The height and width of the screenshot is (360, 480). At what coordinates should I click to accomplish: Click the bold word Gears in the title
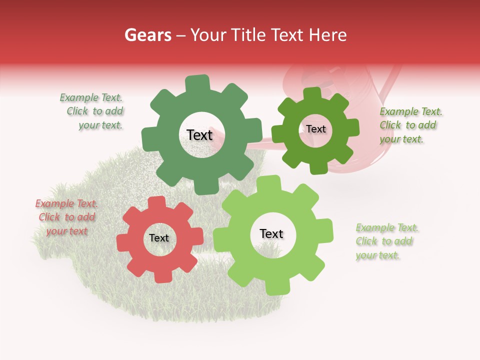(147, 35)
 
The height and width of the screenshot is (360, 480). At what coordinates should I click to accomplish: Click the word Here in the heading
(328, 35)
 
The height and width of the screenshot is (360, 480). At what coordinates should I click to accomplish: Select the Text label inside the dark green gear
(199, 135)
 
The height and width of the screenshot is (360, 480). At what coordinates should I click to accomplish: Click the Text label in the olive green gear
(315, 129)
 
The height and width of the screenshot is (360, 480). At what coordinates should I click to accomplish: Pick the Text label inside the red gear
(159, 238)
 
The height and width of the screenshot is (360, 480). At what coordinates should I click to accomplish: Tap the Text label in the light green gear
(271, 234)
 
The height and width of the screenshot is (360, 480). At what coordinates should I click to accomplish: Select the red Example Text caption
(66, 217)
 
